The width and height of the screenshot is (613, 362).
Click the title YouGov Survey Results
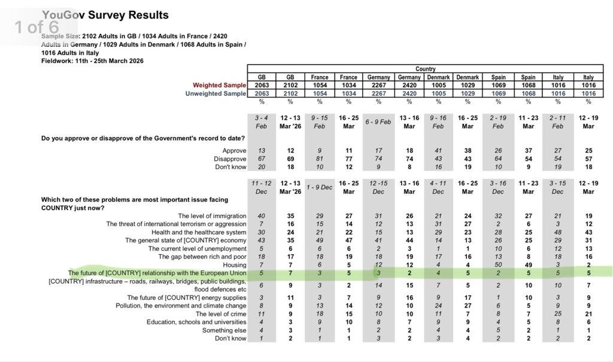tap(104, 15)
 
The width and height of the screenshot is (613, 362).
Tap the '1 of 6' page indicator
tap(37, 27)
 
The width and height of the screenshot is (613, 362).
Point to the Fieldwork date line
tap(92, 61)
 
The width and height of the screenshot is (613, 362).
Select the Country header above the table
tap(425, 69)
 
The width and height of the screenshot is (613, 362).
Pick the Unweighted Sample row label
tap(215, 93)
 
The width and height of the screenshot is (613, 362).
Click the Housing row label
tap(234, 264)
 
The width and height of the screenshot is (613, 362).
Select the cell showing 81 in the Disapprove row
tap(320, 159)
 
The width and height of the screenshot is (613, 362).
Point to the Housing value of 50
tap(498, 264)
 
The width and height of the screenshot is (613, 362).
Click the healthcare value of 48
tap(557, 232)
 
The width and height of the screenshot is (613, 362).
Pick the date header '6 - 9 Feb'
tap(378, 121)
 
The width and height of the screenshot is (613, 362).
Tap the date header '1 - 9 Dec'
tap(320, 188)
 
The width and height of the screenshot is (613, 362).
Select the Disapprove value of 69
tap(291, 159)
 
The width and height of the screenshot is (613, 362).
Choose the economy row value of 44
tap(409, 240)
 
